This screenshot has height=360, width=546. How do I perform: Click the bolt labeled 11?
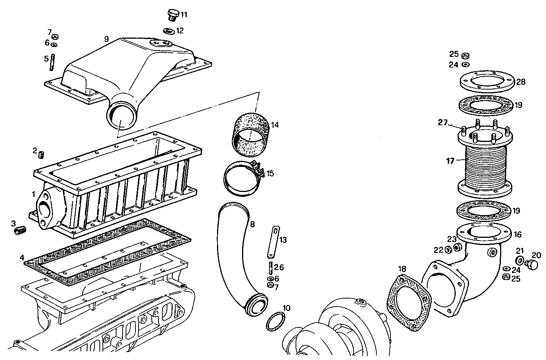pos(173,16)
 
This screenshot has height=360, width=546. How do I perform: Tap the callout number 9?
pos(106,39)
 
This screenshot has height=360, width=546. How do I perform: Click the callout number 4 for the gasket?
pos(22,258)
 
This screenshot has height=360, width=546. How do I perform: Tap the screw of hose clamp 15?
pos(256,167)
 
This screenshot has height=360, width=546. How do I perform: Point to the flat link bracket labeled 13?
pos(274,241)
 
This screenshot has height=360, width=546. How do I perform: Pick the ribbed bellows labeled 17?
pos(486,167)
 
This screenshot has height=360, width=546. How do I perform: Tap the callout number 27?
pos(442,123)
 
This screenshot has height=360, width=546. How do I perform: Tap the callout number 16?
pos(518,235)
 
